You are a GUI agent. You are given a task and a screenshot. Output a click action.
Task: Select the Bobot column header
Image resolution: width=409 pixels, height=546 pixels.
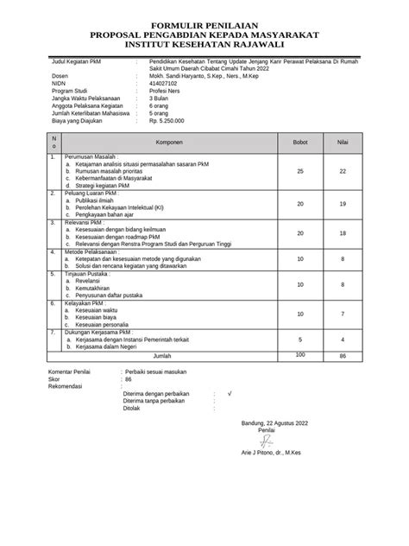(x=300, y=141)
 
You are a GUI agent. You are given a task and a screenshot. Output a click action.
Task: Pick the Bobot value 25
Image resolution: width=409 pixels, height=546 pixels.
(x=300, y=172)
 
